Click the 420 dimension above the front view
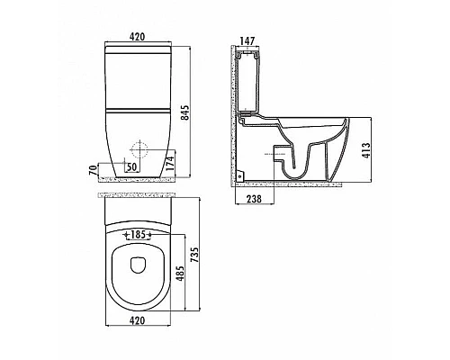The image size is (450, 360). click(137, 37)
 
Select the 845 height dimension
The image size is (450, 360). click(186, 112)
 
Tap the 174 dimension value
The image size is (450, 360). click(170, 164)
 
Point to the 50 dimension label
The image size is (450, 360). click(131, 166)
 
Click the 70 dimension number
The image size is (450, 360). click(94, 170)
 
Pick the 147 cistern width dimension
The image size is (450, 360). click(247, 40)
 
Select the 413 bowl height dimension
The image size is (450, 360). click(366, 150)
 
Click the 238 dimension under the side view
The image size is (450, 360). click(254, 199)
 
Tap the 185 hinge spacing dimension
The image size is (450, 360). click(138, 234)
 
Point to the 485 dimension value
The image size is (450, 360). click(180, 274)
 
